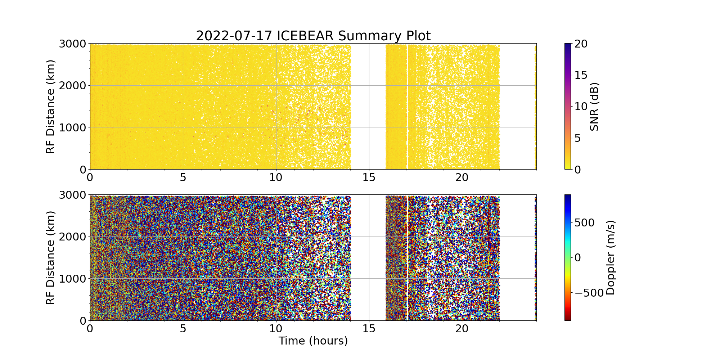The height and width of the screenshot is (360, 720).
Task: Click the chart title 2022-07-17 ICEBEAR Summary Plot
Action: pyautogui.click(x=313, y=36)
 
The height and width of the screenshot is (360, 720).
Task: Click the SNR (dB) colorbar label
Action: pyautogui.click(x=594, y=107)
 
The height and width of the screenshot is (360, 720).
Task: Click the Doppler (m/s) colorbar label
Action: pyautogui.click(x=611, y=258)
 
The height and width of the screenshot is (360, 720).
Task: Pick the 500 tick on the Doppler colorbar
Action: pyautogui.click(x=585, y=223)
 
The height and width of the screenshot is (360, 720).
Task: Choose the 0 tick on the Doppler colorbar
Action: pyautogui.click(x=577, y=258)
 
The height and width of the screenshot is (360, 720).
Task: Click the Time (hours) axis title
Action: pyautogui.click(x=313, y=341)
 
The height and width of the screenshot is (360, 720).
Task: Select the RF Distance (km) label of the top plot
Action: pyautogui.click(x=51, y=107)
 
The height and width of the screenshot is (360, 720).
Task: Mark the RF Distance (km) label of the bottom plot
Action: pyautogui.click(x=51, y=258)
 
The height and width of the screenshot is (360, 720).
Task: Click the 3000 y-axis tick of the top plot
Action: pyautogui.click(x=73, y=44)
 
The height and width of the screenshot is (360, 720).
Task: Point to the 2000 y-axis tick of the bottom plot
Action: pyautogui.click(x=73, y=237)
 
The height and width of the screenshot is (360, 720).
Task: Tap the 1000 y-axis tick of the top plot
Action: pyautogui.click(x=73, y=127)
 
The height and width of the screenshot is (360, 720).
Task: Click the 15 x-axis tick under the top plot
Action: pyautogui.click(x=369, y=177)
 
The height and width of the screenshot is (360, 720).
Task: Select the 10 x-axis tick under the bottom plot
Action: pyautogui.click(x=276, y=329)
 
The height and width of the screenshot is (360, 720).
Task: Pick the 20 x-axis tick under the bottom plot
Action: pyautogui.click(x=462, y=329)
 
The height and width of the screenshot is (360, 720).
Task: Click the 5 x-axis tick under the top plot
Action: pyautogui.click(x=183, y=177)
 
